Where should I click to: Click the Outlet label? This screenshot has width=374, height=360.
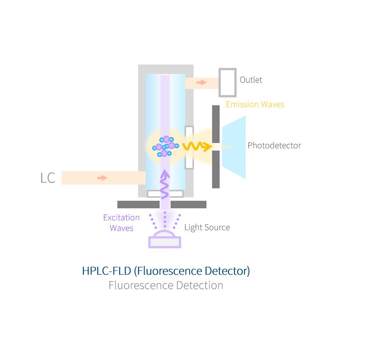[x=251, y=80]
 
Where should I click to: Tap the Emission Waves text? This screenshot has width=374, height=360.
[x=255, y=105]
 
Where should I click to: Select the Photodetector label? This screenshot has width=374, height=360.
[x=274, y=146]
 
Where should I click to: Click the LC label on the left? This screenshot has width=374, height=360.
[x=48, y=178]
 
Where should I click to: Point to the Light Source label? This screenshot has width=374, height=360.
[x=207, y=228]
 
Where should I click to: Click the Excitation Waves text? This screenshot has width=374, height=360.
[x=122, y=223]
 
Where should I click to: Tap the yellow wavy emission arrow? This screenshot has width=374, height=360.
[x=197, y=146]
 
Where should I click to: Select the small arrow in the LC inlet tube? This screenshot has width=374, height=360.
[x=102, y=178]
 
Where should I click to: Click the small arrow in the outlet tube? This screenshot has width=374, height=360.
[x=202, y=82]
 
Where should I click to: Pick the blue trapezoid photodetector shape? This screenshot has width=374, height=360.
[x=234, y=147]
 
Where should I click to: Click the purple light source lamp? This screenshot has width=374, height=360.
[x=165, y=240]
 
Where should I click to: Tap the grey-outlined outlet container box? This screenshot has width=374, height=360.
[x=228, y=83]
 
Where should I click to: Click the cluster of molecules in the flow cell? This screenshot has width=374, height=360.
[x=165, y=146]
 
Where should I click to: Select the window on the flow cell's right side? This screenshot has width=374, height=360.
[x=189, y=147]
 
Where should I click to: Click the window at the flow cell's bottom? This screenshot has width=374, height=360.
[x=165, y=194]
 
